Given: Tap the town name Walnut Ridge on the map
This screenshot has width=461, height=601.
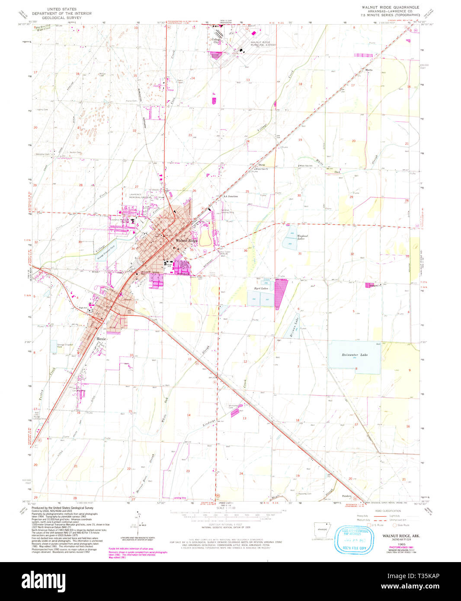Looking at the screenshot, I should pyautogui.click(x=186, y=240).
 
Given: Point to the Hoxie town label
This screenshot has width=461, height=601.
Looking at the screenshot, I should pyautogui.click(x=101, y=339).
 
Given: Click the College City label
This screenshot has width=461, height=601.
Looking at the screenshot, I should pyautogui.click(x=215, y=41).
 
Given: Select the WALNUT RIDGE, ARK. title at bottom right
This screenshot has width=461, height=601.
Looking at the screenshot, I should pyautogui.click(x=400, y=536).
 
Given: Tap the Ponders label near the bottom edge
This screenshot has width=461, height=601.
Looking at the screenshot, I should pyautogui.click(x=346, y=496).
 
